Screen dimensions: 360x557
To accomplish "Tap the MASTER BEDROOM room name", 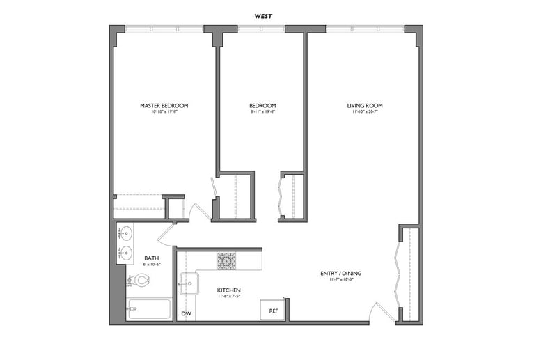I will [164, 106].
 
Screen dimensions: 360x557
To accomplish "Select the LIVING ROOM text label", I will [365, 106].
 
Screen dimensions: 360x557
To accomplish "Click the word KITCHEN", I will [228, 289].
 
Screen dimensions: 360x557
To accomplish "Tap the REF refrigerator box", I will [272, 311].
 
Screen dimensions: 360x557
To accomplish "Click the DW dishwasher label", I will [186, 313].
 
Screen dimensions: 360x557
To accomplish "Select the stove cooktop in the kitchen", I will [226, 261].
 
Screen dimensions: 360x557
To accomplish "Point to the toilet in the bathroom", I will [139, 280].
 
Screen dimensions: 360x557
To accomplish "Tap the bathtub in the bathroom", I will [149, 309].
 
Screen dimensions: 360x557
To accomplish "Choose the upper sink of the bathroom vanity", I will [126, 233].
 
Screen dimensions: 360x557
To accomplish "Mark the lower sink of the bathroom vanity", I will [126, 252].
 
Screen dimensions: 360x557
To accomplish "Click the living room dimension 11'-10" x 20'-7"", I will [365, 112].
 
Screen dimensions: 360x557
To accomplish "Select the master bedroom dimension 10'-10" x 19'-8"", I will [164, 112].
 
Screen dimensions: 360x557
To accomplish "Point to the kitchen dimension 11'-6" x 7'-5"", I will [228, 295].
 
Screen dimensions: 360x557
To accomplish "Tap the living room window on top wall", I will [364, 29].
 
